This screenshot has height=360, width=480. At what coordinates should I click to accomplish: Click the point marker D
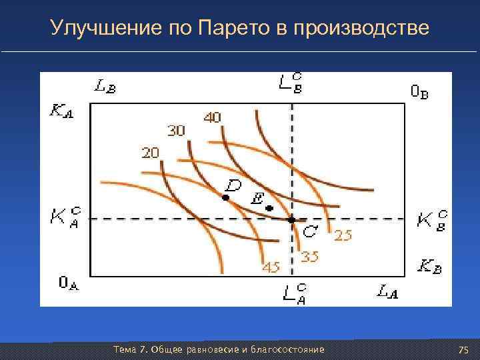[226, 198]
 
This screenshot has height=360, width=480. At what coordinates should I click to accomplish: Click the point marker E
[269, 209]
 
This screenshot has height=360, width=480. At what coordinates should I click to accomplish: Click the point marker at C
[291, 219]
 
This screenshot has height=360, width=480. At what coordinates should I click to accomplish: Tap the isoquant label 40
[213, 117]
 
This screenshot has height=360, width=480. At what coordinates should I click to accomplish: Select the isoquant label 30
[176, 131]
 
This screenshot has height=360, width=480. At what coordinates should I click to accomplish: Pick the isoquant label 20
[150, 153]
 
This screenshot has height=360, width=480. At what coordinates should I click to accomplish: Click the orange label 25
[343, 235]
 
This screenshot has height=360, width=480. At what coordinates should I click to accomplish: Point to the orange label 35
[309, 257]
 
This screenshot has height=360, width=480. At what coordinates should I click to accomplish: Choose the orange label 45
[270, 267]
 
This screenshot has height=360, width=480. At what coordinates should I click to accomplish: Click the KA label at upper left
[61, 111]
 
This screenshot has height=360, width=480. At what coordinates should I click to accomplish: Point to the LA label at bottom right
[389, 291]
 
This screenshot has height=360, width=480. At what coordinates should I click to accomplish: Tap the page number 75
[464, 350]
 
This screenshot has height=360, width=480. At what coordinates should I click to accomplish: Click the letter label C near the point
[309, 231]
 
